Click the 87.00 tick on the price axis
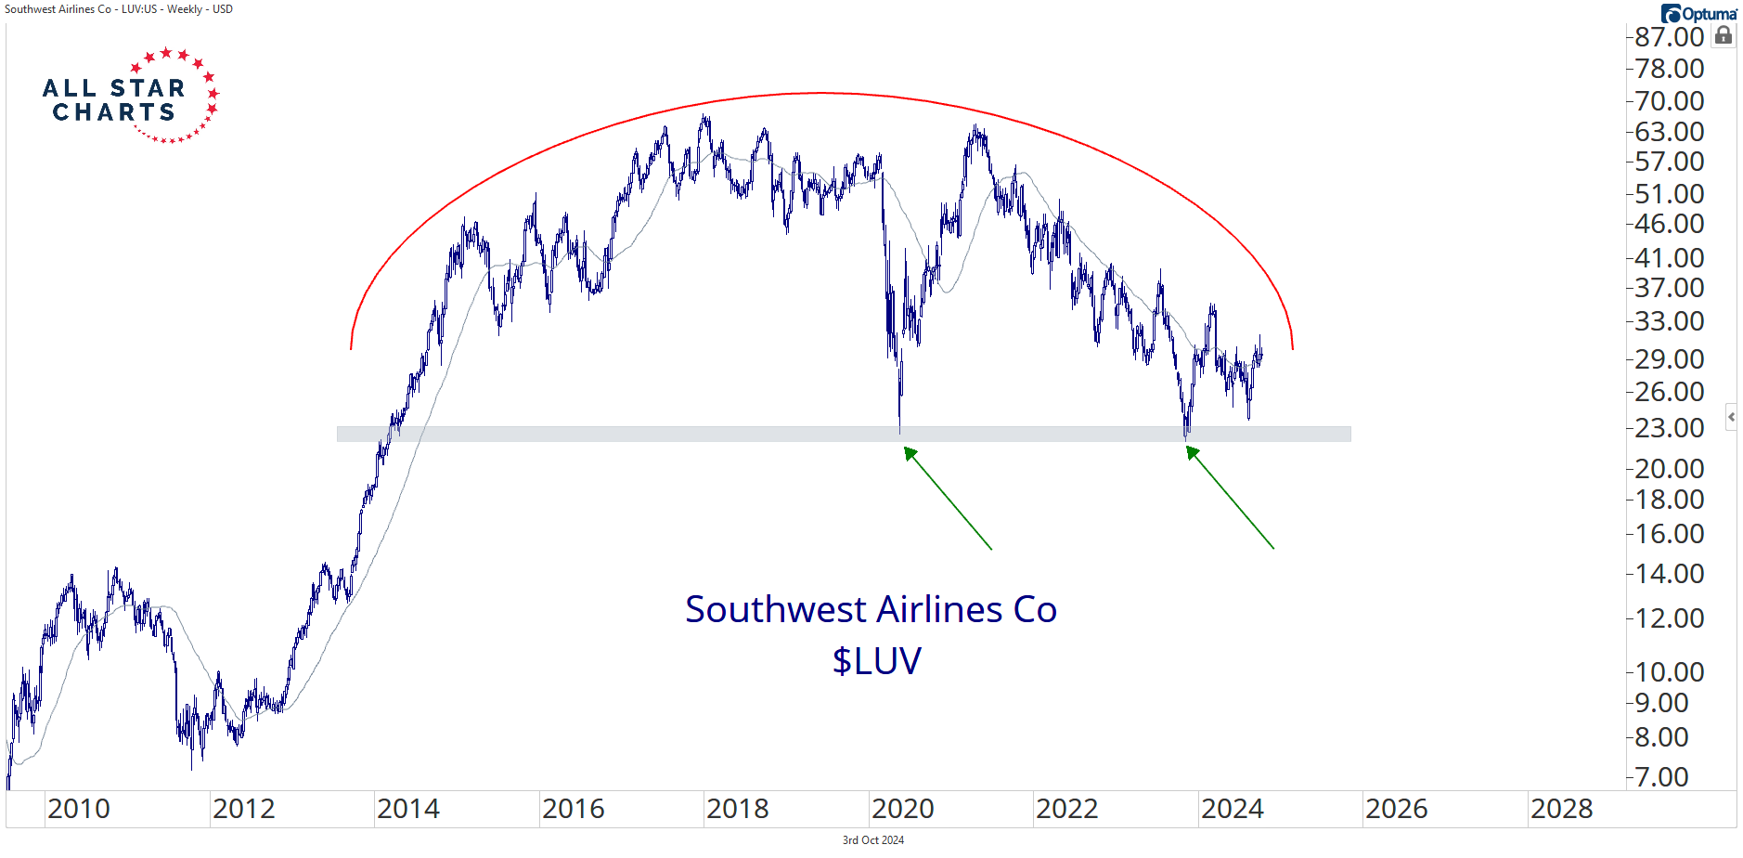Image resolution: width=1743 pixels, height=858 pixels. [x=1669, y=37]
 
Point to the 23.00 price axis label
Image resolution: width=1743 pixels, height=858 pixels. [x=1669, y=428]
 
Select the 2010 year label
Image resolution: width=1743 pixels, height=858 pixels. [x=79, y=809]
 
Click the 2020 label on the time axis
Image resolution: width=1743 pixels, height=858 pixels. [x=902, y=809]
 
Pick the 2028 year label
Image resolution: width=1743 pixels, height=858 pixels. [x=1561, y=809]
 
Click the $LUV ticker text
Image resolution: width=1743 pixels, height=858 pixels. [x=876, y=661]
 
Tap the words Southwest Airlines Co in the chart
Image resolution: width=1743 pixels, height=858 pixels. [x=871, y=609]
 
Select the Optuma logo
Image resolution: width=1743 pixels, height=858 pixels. [x=1698, y=14]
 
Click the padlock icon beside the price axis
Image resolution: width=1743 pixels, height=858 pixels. [x=1724, y=35]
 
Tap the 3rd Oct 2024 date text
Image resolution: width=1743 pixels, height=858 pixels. [x=872, y=840]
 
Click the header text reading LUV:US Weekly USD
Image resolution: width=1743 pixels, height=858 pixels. [x=119, y=9]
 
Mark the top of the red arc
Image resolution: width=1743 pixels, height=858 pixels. [x=821, y=93]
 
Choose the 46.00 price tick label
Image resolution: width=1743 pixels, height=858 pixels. [x=1669, y=224]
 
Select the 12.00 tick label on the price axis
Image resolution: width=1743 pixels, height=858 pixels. [x=1669, y=618]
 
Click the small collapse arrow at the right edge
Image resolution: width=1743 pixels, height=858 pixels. [x=1731, y=417]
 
